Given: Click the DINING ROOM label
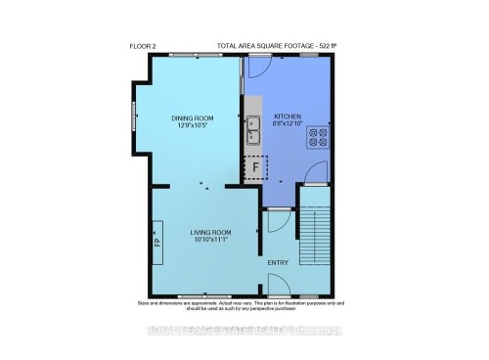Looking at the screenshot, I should (x=194, y=118).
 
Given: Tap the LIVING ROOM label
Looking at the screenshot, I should (x=206, y=233).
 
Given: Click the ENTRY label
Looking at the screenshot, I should (x=279, y=262).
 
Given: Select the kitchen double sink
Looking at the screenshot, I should (x=251, y=124).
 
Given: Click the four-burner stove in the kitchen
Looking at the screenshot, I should (x=319, y=137).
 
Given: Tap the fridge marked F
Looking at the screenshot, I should (x=255, y=168).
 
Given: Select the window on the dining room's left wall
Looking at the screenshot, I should (x=135, y=113).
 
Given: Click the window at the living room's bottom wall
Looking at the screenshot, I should (x=205, y=295).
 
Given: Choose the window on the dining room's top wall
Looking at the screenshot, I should (x=193, y=56).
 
